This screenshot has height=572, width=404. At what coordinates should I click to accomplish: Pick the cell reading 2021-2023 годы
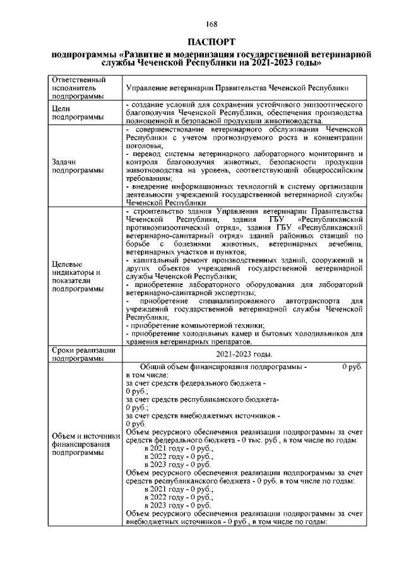(244, 355)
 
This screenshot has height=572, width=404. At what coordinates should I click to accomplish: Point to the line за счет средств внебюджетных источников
(202, 416)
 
